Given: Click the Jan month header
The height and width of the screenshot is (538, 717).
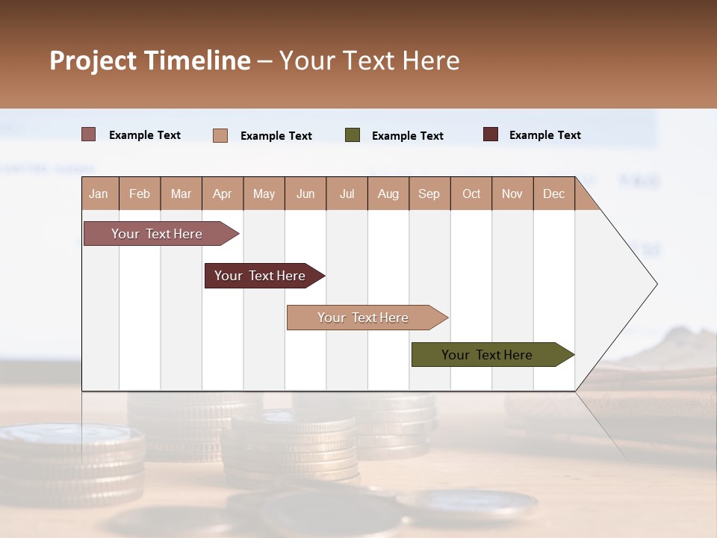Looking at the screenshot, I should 99,194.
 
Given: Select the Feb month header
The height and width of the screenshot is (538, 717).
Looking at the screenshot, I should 140,194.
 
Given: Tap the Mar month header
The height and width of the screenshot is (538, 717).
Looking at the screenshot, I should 181,194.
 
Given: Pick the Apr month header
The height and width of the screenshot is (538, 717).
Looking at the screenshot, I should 222,194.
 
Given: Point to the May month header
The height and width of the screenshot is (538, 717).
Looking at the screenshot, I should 264,194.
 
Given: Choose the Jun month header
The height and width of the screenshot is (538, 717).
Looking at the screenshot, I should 305,194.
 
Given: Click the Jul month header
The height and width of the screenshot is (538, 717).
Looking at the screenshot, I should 347,194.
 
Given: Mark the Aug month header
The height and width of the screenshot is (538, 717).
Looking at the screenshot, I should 388,194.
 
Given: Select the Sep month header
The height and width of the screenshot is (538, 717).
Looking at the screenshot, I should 429,194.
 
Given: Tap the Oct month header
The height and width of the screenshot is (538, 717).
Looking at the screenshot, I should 471,194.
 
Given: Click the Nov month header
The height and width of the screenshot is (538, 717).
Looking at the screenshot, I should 512,194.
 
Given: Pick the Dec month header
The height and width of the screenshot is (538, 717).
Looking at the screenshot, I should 553,194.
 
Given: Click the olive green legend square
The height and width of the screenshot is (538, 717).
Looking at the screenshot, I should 353,135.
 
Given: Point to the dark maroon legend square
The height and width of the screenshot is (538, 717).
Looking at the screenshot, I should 491,134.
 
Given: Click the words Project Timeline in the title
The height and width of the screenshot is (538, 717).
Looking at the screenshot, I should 150,61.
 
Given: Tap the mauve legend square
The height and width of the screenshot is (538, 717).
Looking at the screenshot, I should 89,134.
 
